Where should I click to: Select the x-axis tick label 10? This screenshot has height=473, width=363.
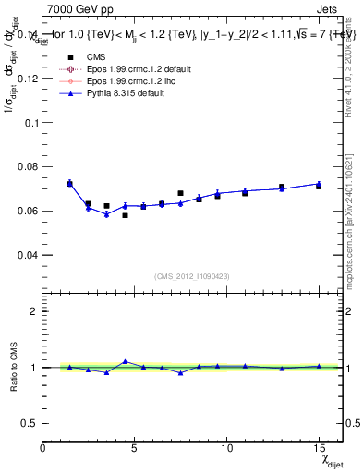tap(226, 449)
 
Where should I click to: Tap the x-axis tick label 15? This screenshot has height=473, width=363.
tap(319, 449)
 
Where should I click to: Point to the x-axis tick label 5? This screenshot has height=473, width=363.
tap(135, 449)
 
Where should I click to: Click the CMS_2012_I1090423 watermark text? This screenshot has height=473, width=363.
tap(192, 275)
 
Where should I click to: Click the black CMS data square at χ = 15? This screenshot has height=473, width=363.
tap(319, 187)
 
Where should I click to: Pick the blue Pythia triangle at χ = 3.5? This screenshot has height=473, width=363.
tap(106, 214)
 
